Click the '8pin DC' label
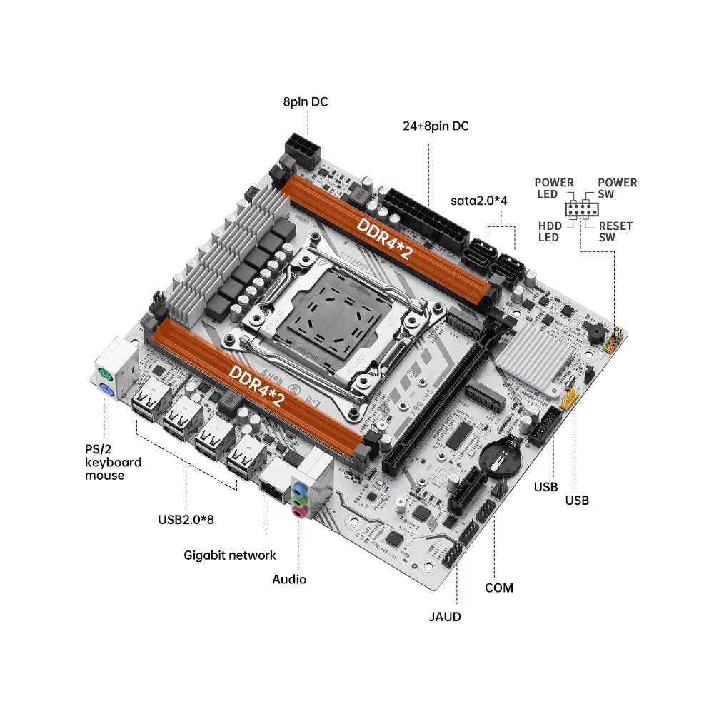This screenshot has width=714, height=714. tap(305, 102)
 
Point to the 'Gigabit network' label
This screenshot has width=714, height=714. tap(230, 555)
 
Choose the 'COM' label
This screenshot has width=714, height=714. tap(498, 588)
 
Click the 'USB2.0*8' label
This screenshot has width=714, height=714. tap(186, 519)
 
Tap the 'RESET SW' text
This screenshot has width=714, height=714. tap(615, 231)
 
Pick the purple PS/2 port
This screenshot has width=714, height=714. tap(105, 391)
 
